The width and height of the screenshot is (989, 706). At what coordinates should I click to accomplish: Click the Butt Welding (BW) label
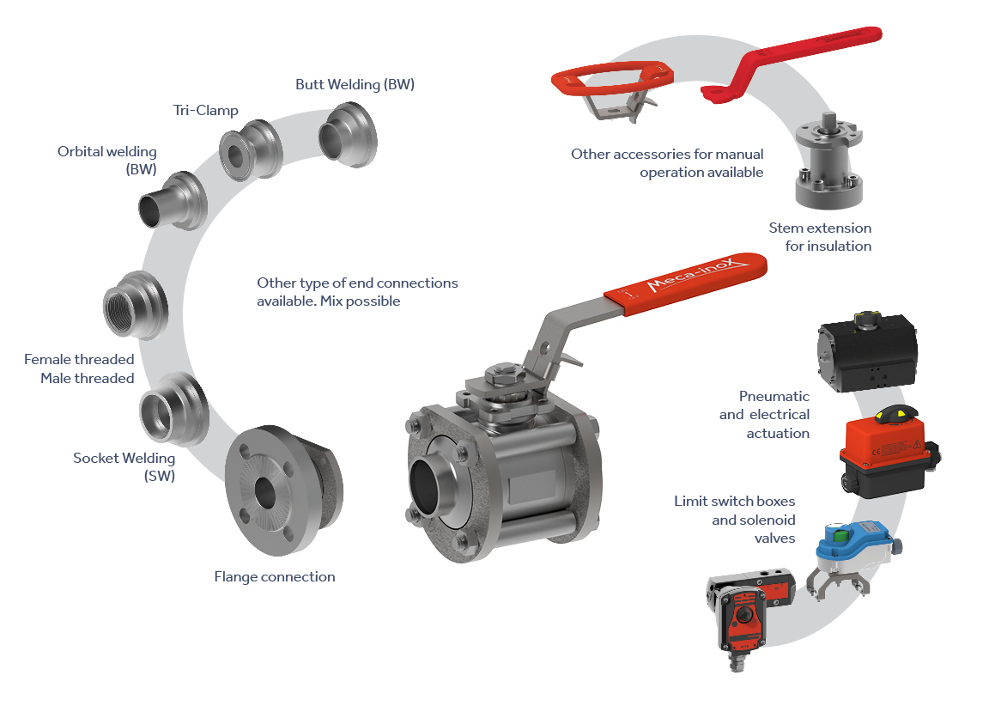coord(355,84)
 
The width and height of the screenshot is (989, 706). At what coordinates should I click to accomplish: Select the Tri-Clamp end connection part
coord(251,150)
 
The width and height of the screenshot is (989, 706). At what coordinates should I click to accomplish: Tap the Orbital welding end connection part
coord(173,201)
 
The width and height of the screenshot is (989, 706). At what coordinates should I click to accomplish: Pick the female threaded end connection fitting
coord(135,306)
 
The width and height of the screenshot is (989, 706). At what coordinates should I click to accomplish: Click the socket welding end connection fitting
coord(173,408)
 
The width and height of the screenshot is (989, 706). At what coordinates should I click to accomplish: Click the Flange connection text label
coord(275,576)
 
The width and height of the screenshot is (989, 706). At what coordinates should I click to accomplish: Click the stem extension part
coord(828,161)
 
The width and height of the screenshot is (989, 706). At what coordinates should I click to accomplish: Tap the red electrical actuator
coord(889,451)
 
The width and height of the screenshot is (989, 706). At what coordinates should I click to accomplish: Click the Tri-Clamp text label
coord(206,111)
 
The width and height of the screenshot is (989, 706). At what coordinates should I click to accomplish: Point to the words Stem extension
coord(820,228)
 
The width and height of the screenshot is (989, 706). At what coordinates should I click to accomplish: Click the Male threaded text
coord(87,378)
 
